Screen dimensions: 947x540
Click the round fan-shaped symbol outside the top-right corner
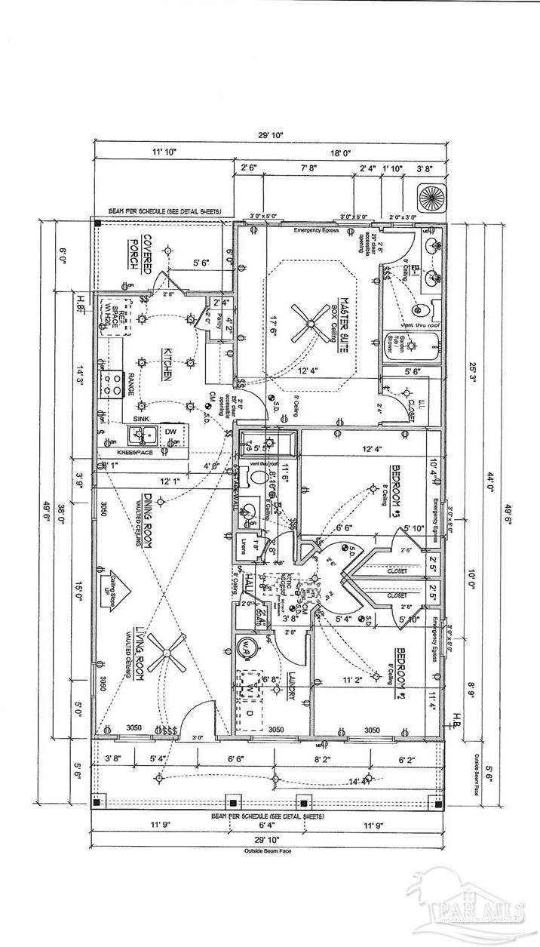(432, 198)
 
